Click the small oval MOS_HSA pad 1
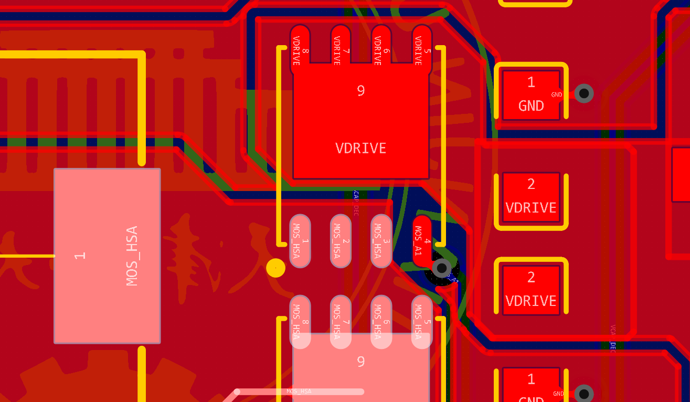pos(300,241)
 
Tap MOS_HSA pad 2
pos(341,241)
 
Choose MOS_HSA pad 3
pos(381,241)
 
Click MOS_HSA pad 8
pos(300,322)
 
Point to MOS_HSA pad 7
pos(341,322)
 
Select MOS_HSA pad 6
pos(381,322)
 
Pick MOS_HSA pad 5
pos(422,322)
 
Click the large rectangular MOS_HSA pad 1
pos(107,256)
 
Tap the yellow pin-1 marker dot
pos(275,268)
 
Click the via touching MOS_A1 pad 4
pos(441,269)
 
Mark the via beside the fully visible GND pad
pos(584,93)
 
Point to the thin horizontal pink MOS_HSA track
pos(299,392)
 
